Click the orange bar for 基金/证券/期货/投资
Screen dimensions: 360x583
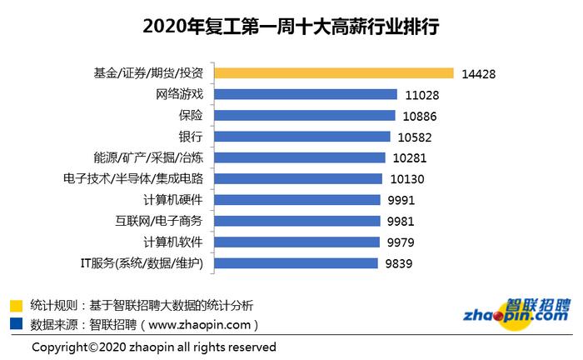pyautogui.click(x=334, y=73)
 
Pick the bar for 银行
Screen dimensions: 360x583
pyautogui.click(x=303, y=137)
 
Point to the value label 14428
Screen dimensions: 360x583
pyautogui.click(x=479, y=73)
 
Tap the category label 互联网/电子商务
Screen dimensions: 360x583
pyautogui.click(x=158, y=222)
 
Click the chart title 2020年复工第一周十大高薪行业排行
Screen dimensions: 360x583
pyautogui.click(x=291, y=27)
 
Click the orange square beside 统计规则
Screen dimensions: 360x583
pyautogui.click(x=16, y=305)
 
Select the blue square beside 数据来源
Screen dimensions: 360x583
pyautogui.click(x=16, y=324)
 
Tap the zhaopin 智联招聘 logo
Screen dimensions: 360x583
pyautogui.click(x=516, y=312)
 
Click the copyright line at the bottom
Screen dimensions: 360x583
pyautogui.click(x=154, y=346)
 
